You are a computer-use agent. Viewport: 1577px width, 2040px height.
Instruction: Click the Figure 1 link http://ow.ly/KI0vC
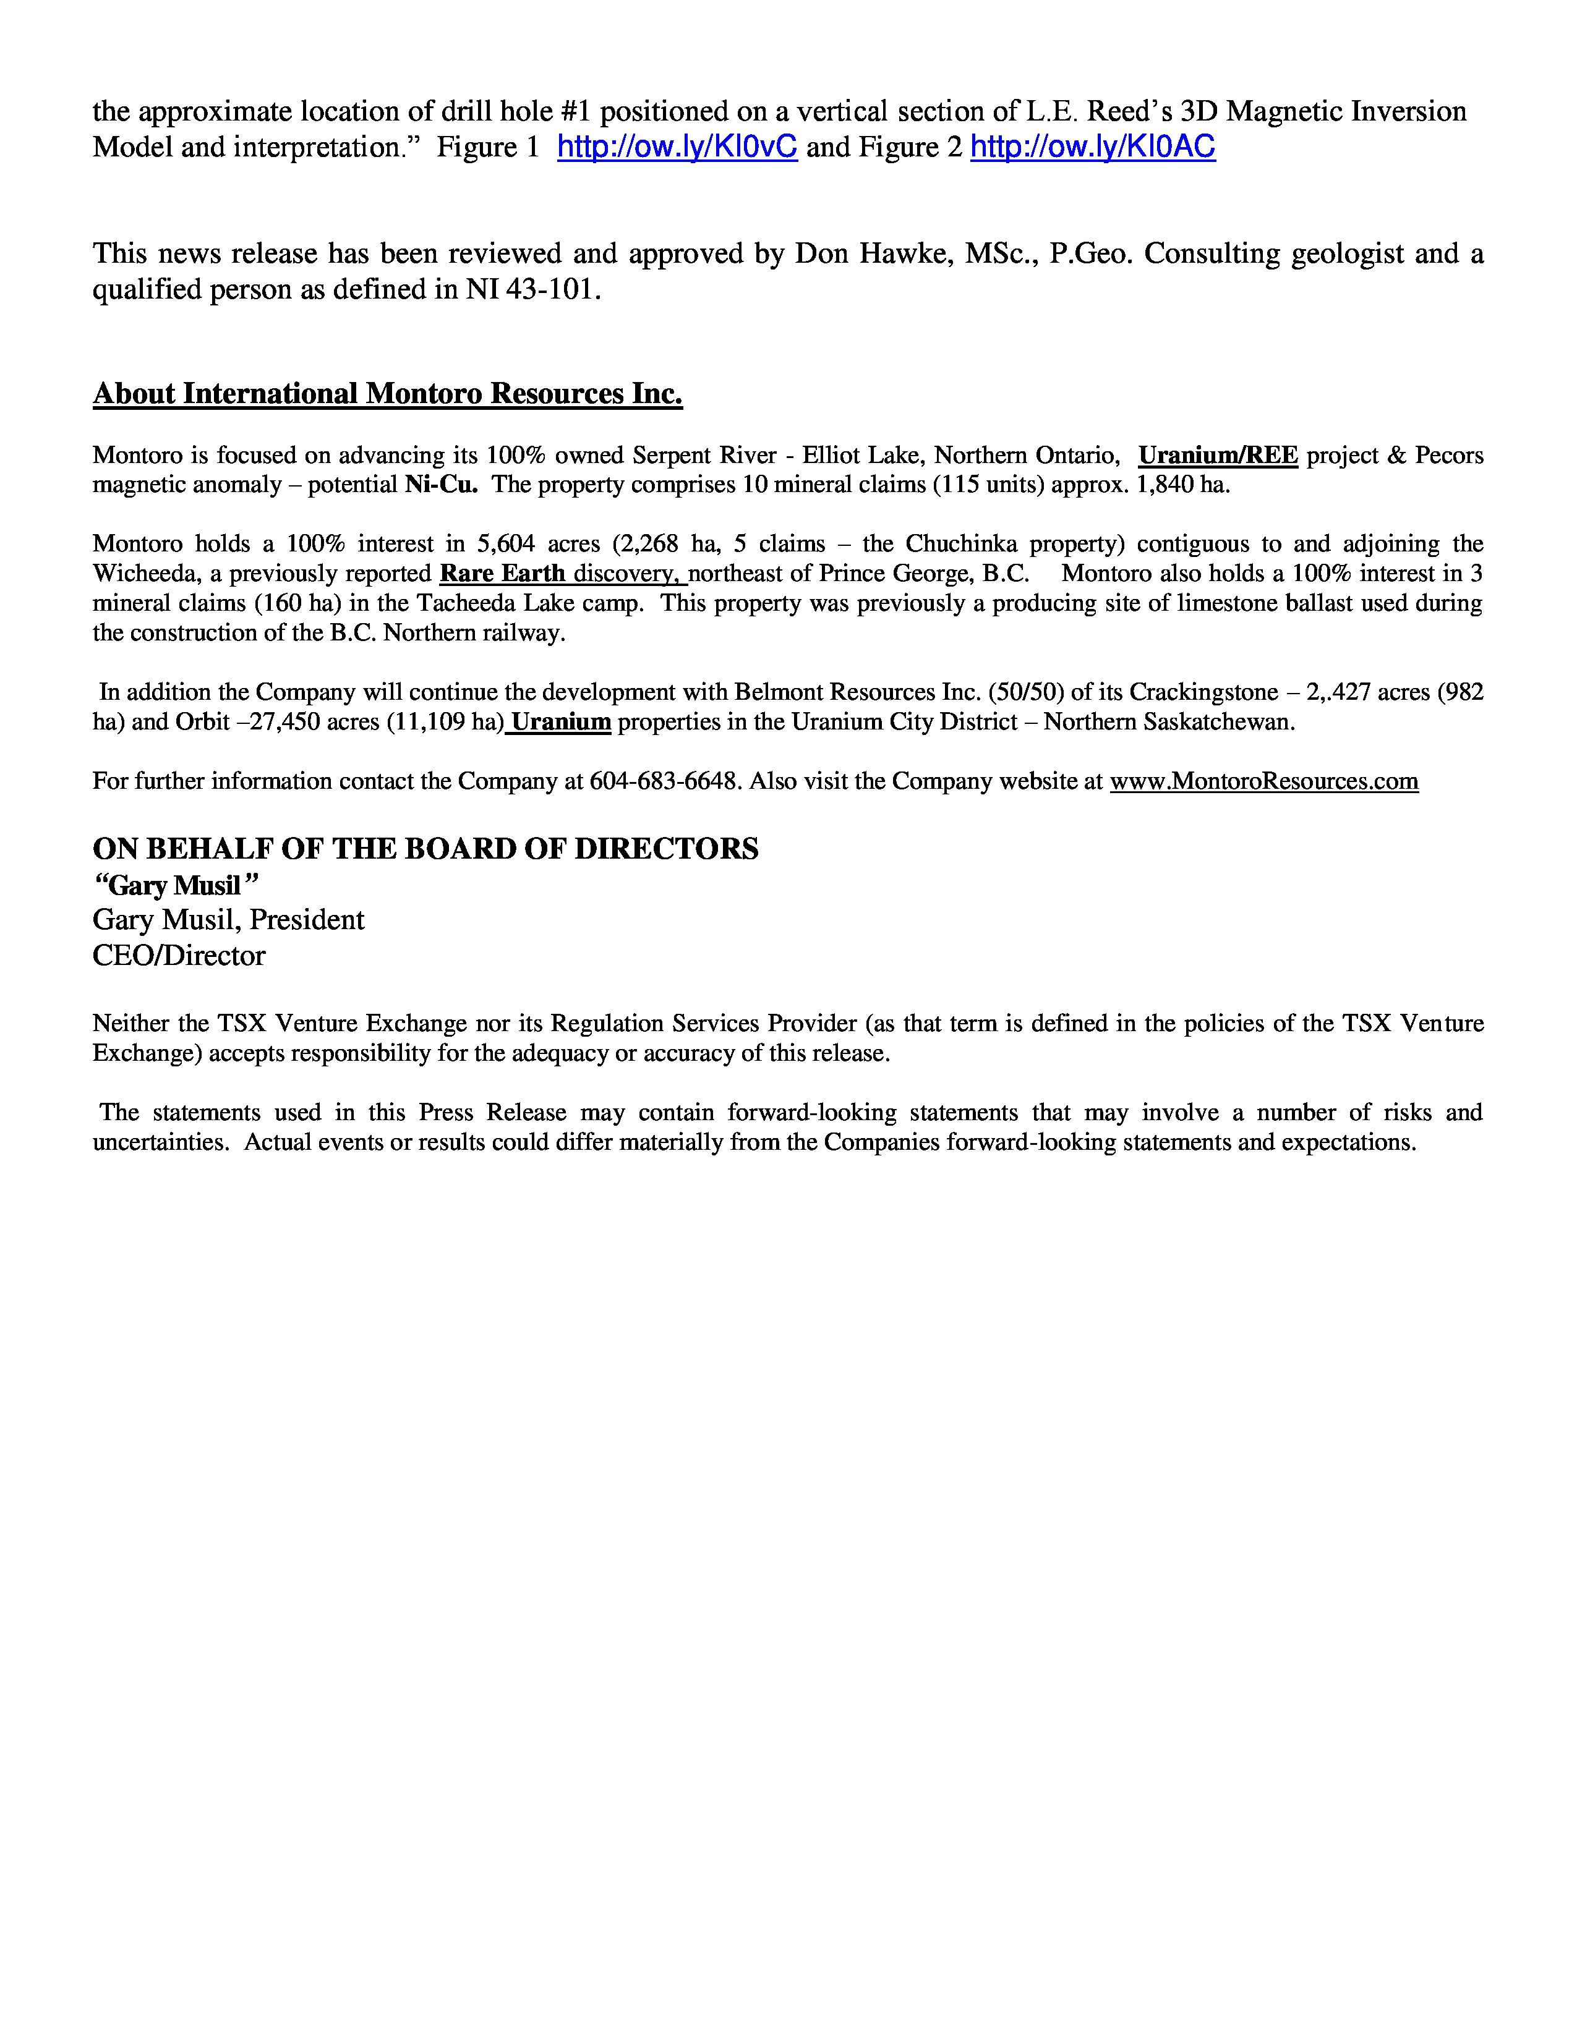pyautogui.click(x=677, y=148)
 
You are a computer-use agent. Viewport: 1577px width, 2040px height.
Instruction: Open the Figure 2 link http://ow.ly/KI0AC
pyautogui.click(x=1093, y=148)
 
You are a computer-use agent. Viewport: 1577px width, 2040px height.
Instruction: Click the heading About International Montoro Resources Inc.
pyautogui.click(x=388, y=394)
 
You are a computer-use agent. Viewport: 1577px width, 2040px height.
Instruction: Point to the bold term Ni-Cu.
pyautogui.click(x=441, y=486)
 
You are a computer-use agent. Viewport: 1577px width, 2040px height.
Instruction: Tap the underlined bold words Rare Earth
pyautogui.click(x=503, y=574)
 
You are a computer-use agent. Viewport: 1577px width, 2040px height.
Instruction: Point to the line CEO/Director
pyautogui.click(x=179, y=956)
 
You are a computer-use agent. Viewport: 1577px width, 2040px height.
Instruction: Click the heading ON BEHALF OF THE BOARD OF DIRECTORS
pyautogui.click(x=425, y=849)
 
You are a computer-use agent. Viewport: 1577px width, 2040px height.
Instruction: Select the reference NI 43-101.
pyautogui.click(x=530, y=291)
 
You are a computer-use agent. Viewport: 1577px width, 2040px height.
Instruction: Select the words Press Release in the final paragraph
pyautogui.click(x=492, y=1113)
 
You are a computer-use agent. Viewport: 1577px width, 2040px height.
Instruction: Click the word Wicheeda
pyautogui.click(x=141, y=574)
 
